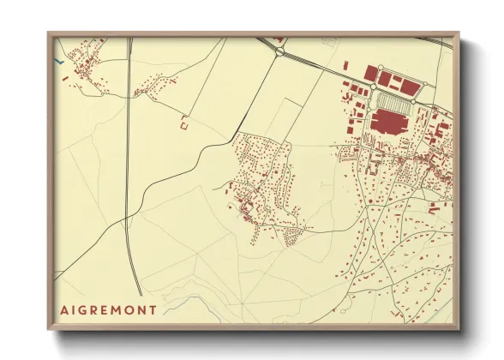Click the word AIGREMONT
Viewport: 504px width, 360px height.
point(108,309)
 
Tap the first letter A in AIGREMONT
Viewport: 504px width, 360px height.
point(64,309)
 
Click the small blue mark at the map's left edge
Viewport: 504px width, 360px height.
point(58,61)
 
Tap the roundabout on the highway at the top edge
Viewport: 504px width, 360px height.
point(280,51)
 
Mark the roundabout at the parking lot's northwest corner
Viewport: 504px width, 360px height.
point(374,87)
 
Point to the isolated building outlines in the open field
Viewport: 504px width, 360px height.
point(183,124)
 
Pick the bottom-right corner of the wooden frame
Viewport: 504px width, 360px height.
point(458,328)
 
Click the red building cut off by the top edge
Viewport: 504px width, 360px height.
point(279,39)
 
